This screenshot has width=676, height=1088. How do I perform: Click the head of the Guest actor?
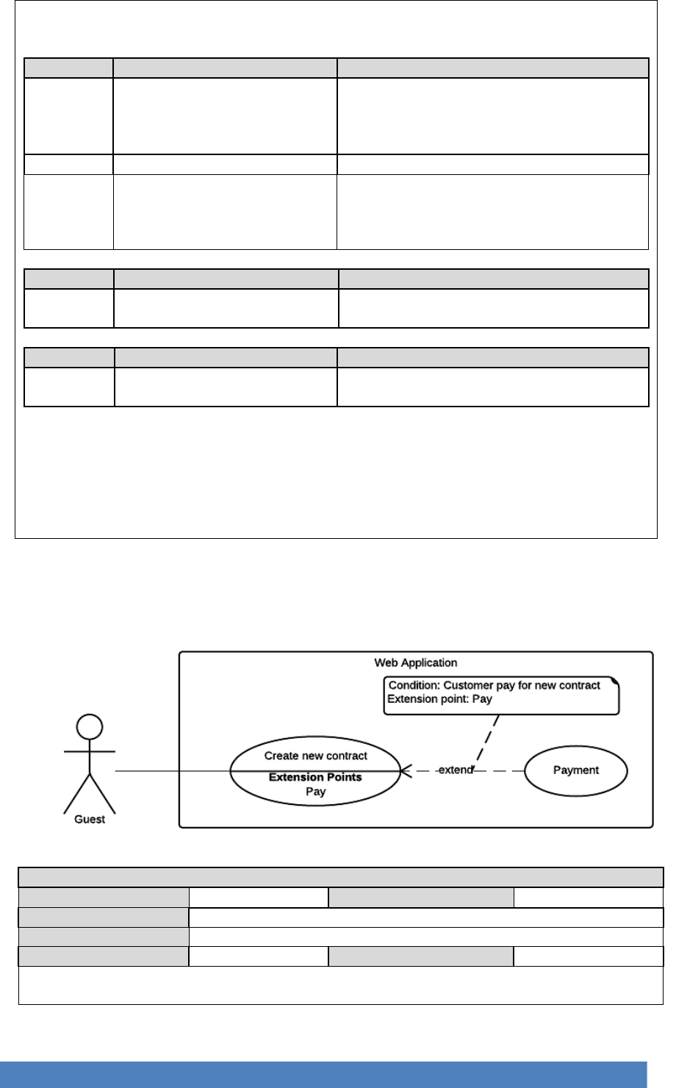click(90, 726)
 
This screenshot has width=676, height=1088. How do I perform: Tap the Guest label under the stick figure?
click(90, 819)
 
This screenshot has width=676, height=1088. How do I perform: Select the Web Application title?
click(415, 662)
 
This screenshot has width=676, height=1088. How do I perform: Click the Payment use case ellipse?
click(576, 770)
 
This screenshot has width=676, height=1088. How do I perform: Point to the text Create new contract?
click(316, 756)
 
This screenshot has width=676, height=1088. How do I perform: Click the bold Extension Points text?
click(315, 777)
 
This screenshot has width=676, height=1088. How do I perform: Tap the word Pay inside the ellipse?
click(316, 792)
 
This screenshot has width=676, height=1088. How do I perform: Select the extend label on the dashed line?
click(455, 770)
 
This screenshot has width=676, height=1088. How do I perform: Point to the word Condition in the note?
click(414, 685)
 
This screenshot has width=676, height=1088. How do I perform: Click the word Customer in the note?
click(469, 685)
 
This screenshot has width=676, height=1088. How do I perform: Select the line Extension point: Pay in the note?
click(440, 699)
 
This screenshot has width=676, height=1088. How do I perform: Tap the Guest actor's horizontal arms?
click(90, 752)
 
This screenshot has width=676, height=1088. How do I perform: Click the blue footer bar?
click(324, 1074)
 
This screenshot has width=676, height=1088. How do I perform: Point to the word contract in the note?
click(578, 685)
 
